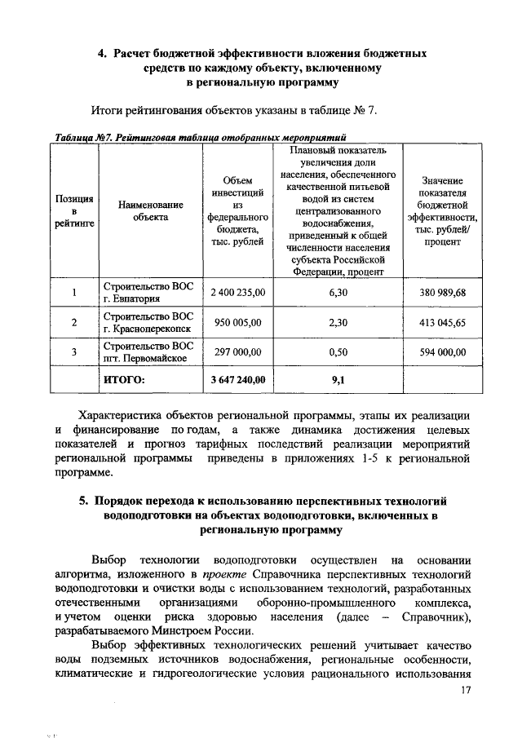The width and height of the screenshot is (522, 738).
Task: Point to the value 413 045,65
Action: click(x=442, y=322)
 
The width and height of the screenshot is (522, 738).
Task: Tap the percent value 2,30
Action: click(x=338, y=322)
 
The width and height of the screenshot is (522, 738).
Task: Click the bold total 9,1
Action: click(x=338, y=379)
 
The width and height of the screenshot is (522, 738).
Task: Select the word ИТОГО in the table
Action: click(x=124, y=379)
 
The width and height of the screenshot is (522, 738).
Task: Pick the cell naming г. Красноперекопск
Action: click(x=148, y=322)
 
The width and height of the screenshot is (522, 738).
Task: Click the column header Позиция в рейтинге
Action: click(x=73, y=210)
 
